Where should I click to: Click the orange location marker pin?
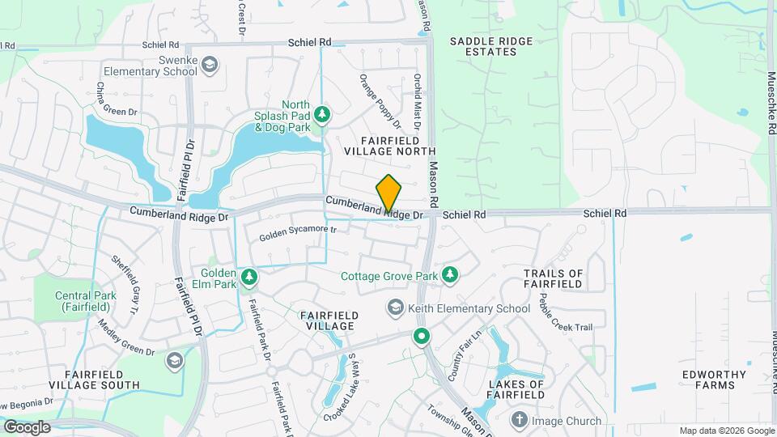pyautogui.click(x=389, y=193)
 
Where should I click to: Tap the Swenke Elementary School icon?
pyautogui.click(x=210, y=65)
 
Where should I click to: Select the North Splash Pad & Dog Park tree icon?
pyautogui.click(x=322, y=115)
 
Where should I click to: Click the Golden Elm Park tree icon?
pyautogui.click(x=249, y=278)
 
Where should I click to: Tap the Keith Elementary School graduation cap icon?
pyautogui.click(x=395, y=308)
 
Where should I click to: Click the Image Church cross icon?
pyautogui.click(x=519, y=420)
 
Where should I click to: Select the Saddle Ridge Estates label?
pyautogui.click(x=483, y=46)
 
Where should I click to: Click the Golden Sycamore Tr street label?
pyautogui.click(x=297, y=234)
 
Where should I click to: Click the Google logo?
pyautogui.click(x=27, y=426)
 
